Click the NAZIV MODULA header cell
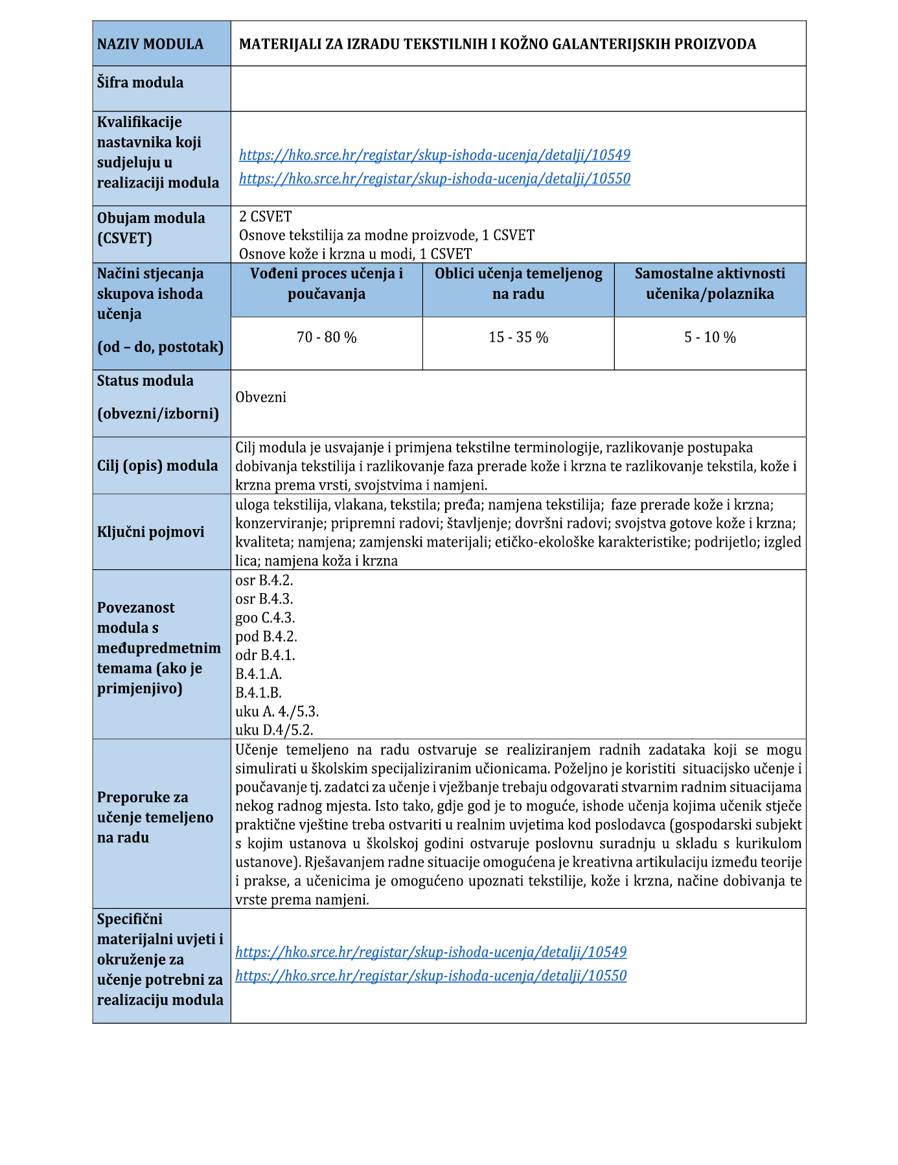[x=150, y=44]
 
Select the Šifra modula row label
[x=140, y=82]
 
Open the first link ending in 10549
[x=434, y=155]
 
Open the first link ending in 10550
[x=434, y=178]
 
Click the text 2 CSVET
[x=266, y=217]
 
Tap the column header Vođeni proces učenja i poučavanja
[x=327, y=283]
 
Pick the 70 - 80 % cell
[x=327, y=337]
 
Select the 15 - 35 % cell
[x=518, y=337]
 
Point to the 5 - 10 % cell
[x=710, y=337]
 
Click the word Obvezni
[x=261, y=397]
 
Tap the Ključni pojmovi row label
[x=150, y=532]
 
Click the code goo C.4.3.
[x=265, y=618]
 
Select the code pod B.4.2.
[x=266, y=637]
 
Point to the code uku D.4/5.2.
[x=274, y=730]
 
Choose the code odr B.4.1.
[x=265, y=655]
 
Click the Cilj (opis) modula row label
[x=157, y=465]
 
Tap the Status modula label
[x=145, y=381]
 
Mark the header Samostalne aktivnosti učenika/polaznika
[x=710, y=283]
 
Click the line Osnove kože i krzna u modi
[x=355, y=254]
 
